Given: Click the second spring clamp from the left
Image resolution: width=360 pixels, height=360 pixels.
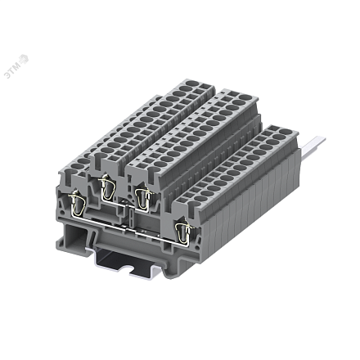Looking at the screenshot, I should coord(106,189).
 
